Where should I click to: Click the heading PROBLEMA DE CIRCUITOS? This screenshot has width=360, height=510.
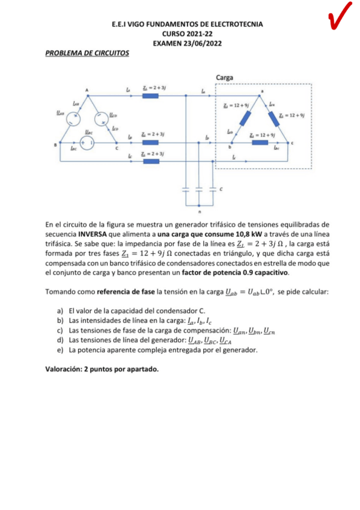[x=87, y=53]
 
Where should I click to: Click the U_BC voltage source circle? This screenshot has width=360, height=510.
[x=88, y=142]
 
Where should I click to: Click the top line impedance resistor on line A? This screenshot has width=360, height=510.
[x=150, y=94]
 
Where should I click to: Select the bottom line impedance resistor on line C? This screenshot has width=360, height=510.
[x=150, y=161]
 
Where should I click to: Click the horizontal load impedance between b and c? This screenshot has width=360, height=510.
[x=260, y=143]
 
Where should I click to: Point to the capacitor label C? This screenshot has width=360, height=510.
[x=221, y=189]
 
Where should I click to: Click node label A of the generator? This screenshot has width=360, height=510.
[x=87, y=90]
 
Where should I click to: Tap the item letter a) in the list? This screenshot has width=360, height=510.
[x=60, y=311]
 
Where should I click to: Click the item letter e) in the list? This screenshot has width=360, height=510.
[x=60, y=349]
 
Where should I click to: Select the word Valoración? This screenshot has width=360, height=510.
[x=67, y=369]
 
